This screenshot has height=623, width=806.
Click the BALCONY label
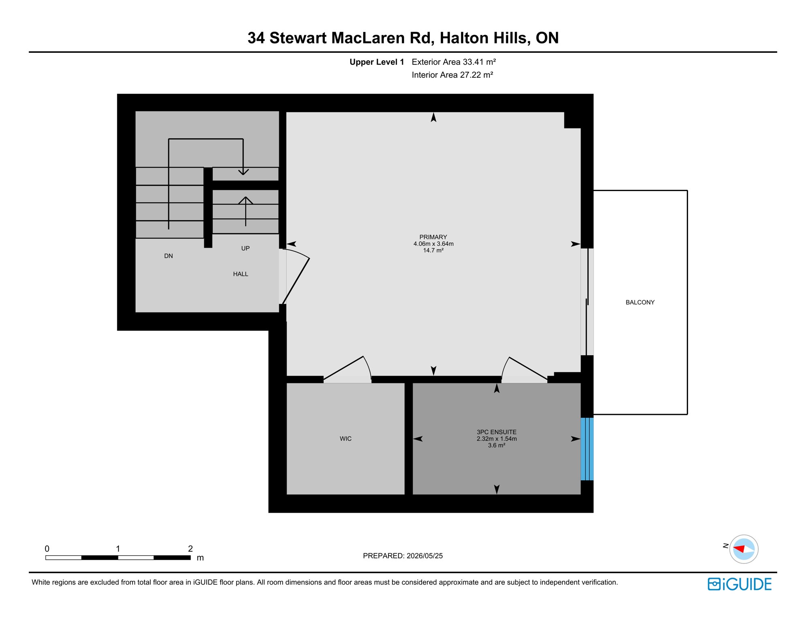click(640, 302)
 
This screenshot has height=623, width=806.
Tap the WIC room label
click(345, 438)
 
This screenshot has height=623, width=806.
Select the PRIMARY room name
click(433, 237)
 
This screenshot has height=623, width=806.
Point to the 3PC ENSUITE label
click(496, 432)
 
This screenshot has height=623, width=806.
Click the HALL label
click(240, 274)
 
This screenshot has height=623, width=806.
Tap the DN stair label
click(169, 256)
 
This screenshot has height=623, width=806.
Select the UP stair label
click(245, 248)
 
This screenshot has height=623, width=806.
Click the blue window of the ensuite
click(587, 449)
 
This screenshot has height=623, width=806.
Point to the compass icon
click(744, 549)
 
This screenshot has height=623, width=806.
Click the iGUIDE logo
click(740, 584)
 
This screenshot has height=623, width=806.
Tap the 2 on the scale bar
click(190, 549)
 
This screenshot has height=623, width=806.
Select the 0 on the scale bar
click(47, 549)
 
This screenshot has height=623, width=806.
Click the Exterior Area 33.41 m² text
click(454, 62)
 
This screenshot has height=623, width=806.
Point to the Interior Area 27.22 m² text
click(452, 75)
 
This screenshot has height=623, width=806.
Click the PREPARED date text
click(403, 556)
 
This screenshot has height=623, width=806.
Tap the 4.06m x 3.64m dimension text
click(433, 244)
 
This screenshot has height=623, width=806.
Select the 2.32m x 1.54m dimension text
click(496, 439)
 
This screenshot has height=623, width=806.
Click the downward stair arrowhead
click(243, 172)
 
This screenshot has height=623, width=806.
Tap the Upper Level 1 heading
click(377, 62)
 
